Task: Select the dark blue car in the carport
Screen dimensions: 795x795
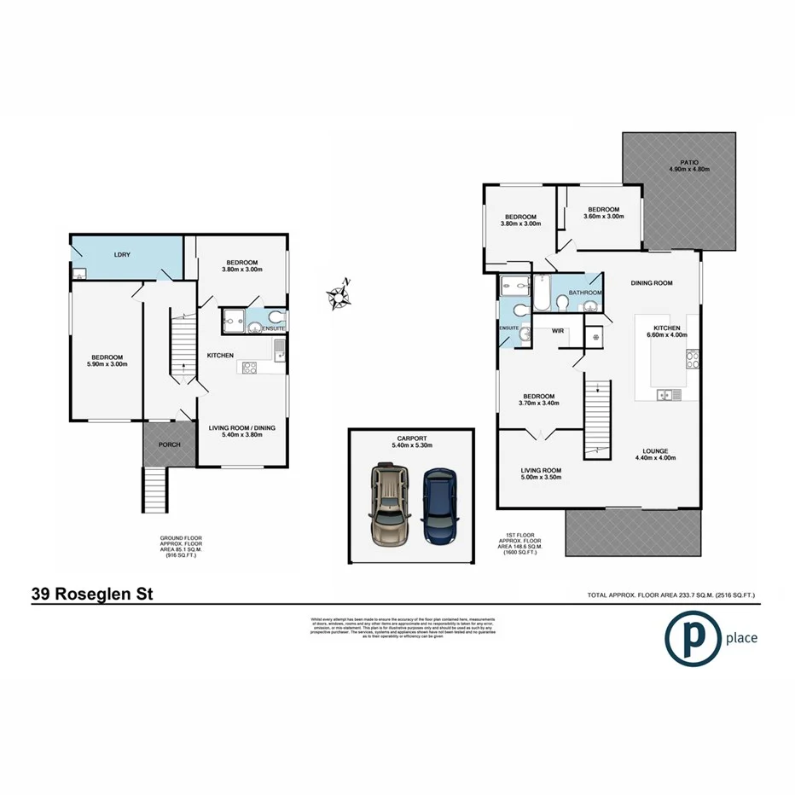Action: click(439, 509)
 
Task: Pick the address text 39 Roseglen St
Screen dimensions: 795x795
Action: click(92, 593)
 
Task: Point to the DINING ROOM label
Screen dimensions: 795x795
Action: click(652, 282)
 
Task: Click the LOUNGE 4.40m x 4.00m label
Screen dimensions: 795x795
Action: click(655, 454)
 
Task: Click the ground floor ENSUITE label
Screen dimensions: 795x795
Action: click(273, 328)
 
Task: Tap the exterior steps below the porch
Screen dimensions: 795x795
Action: click(154, 490)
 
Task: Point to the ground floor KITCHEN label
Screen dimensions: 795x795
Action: click(220, 355)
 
